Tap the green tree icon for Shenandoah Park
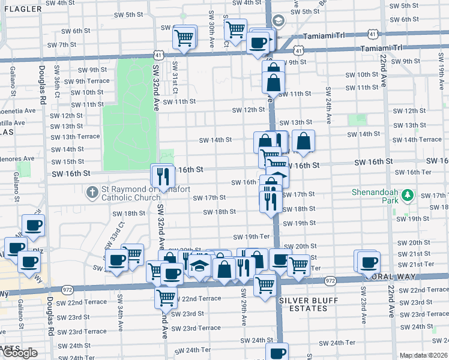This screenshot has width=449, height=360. tap(408, 196)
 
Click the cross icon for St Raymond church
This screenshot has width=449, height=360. tap(91, 193)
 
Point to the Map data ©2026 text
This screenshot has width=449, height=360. tap(423, 355)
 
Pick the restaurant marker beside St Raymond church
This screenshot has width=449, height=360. tap(163, 175)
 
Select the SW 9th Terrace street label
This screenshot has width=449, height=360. tap(87, 81)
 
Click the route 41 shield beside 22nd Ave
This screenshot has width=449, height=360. tap(373, 35)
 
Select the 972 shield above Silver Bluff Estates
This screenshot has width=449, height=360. tap(330, 280)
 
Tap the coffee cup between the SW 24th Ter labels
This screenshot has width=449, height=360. tap(277, 353)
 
